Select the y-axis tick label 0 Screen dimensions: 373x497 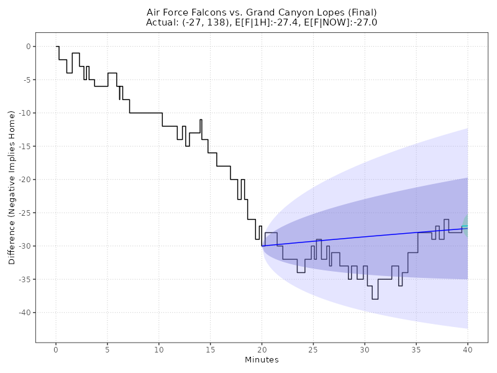coord(27,47)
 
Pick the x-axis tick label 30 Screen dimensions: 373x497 coord(365,350)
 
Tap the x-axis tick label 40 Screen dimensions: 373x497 coord(467,350)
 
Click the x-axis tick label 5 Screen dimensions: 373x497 coord(107,350)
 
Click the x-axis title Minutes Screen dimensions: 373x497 coord(262,360)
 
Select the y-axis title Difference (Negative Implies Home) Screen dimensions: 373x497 coord(12,187)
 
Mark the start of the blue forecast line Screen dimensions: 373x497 coord(262,246)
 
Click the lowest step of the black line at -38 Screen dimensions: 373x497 coord(375,299)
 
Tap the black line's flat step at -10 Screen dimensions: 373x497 coord(146,113)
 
